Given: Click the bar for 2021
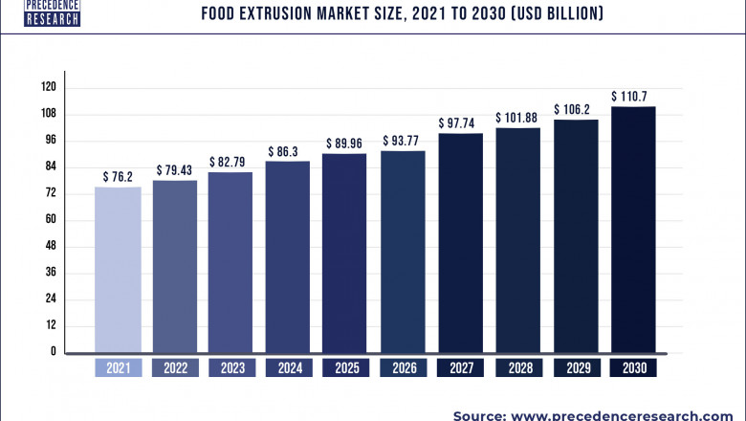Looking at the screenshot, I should click(118, 270).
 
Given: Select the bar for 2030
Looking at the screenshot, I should click(632, 230).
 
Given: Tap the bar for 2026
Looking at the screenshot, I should click(403, 252).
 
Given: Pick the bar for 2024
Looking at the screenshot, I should click(288, 256).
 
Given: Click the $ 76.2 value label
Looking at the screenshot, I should click(118, 177).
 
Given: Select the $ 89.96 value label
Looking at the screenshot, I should click(345, 144).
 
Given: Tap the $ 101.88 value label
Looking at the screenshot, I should click(517, 118).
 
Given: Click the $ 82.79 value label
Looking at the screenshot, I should click(231, 162).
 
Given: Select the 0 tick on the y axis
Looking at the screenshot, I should click(55, 352).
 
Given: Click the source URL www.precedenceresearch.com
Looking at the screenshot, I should click(631, 415).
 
